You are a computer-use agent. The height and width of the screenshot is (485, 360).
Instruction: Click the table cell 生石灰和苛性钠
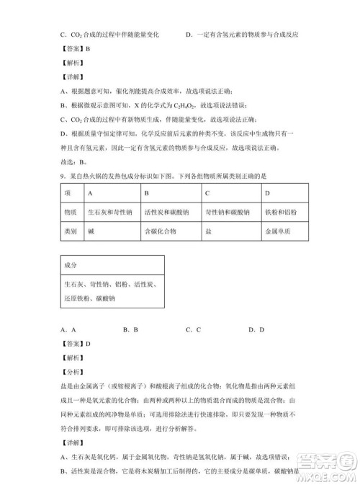109,213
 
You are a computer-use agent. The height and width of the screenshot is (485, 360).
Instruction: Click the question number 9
63,177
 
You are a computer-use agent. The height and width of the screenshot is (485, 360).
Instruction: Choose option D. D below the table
257,329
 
